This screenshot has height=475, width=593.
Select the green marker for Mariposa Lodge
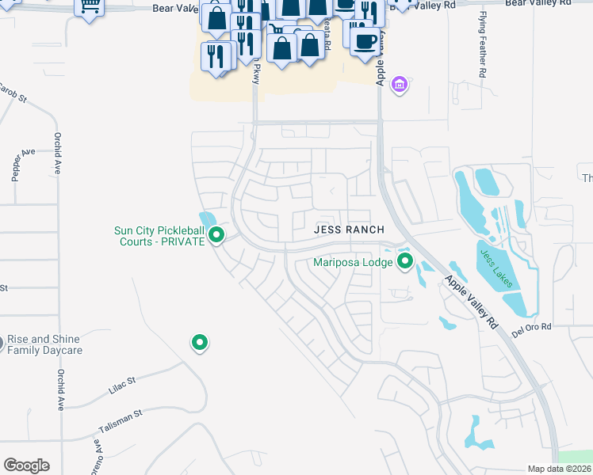[405, 260]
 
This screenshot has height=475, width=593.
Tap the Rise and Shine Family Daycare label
[45, 344]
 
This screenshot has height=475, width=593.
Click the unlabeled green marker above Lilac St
[199, 342]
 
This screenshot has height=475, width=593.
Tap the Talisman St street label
[120, 419]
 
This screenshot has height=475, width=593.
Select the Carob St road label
[13, 93]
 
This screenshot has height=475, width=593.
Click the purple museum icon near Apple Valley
[399, 84]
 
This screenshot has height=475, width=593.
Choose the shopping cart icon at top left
[90, 6]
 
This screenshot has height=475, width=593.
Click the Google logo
[26, 465]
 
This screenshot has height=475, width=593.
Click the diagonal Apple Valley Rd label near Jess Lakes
[470, 302]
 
